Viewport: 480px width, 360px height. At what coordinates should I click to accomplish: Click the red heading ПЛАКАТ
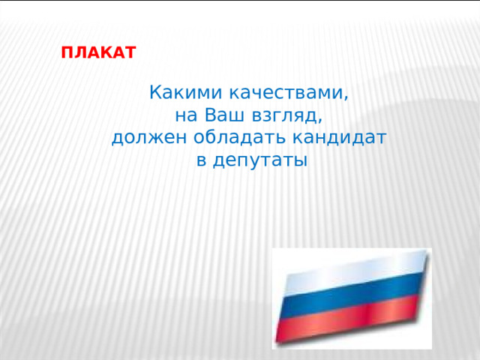98,54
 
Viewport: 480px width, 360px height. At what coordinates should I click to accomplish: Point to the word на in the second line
184,116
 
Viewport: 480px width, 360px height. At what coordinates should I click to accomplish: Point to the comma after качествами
346,99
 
